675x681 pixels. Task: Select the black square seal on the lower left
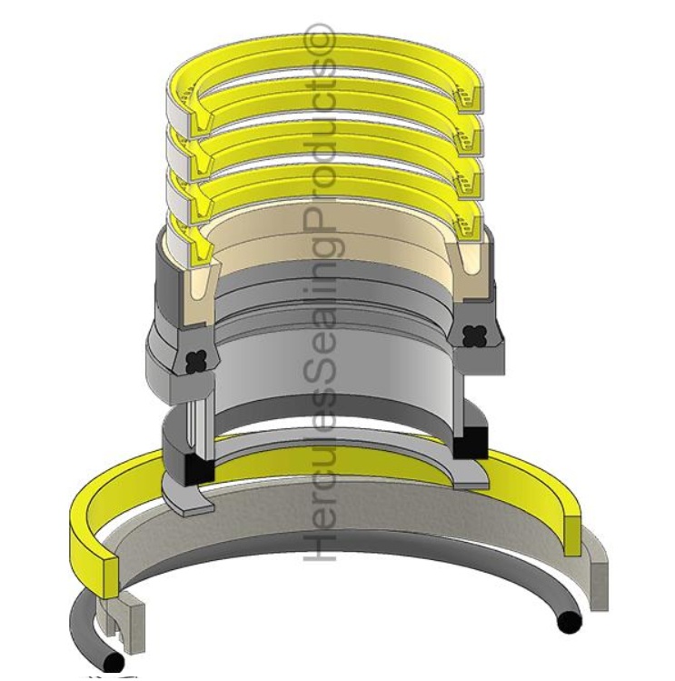[197, 471]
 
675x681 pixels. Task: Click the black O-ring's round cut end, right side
[570, 624]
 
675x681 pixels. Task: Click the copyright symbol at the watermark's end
[324, 39]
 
